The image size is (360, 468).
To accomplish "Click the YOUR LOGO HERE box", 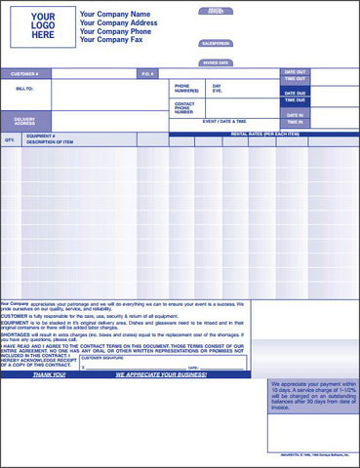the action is pyautogui.click(x=43, y=26).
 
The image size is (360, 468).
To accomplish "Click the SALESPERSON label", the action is pyautogui.click(x=216, y=44).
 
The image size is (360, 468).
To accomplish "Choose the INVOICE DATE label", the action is pyautogui.click(x=216, y=62).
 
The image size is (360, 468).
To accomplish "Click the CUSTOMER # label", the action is pyautogui.click(x=25, y=73).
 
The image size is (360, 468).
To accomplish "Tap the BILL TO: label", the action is pyautogui.click(x=25, y=88).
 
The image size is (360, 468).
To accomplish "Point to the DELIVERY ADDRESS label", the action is pyautogui.click(x=25, y=122).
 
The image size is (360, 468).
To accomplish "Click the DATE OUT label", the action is pyautogui.click(x=295, y=72).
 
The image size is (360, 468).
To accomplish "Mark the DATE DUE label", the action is pyautogui.click(x=295, y=93).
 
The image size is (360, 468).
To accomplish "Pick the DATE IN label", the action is pyautogui.click(x=295, y=114).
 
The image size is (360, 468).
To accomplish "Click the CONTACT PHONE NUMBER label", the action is pyautogui.click(x=184, y=107).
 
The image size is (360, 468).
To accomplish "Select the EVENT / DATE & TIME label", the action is pyautogui.click(x=224, y=121).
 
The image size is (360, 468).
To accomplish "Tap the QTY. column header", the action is pyautogui.click(x=10, y=139).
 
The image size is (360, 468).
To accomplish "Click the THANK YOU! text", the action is pyautogui.click(x=50, y=374).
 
